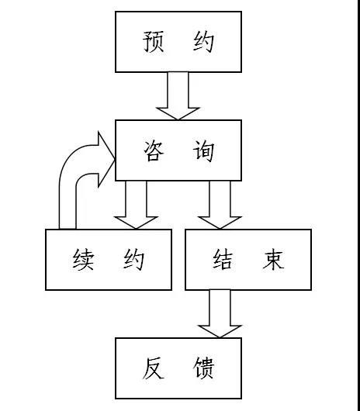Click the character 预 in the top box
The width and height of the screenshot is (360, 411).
coord(154,42)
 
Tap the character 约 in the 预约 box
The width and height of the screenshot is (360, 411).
coord(204,42)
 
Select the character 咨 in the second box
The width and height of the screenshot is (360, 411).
coord(154,150)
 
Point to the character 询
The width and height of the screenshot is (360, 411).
coord(204,150)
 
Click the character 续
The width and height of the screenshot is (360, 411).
coord(83,260)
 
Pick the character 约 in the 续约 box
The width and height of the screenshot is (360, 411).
coord(133,260)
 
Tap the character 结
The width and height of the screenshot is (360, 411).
coord(223,260)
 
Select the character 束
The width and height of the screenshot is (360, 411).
coord(273,260)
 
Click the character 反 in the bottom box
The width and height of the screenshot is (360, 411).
coord(154,368)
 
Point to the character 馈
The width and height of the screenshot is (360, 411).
coord(204,368)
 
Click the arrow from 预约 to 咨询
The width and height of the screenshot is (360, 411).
coord(178,96)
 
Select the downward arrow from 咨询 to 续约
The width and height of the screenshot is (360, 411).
coord(136,205)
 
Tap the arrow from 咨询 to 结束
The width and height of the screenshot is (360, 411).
coord(220,205)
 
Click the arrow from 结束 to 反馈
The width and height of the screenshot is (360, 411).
coord(220,314)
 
